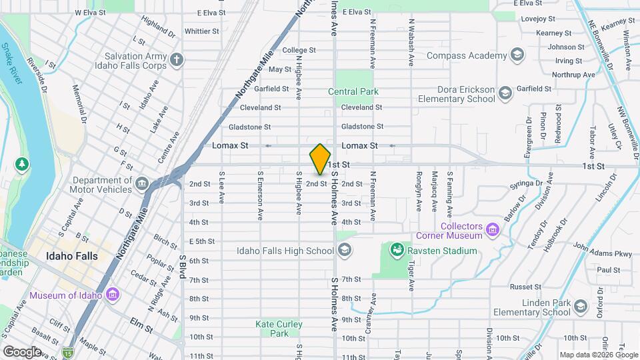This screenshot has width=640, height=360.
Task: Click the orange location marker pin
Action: point(320,159)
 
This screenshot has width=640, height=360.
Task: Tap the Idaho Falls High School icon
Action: point(345,251)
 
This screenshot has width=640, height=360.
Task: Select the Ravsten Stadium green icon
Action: point(397,251)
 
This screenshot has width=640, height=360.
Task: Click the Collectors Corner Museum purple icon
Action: point(493,230)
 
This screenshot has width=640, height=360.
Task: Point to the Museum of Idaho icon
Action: point(113,295)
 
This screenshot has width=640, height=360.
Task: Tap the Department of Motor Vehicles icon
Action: point(141,183)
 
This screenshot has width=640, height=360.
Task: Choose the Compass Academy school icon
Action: point(517,55)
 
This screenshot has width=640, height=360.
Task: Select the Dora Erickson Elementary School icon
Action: point(505,93)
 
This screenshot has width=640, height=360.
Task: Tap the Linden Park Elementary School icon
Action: point(580,307)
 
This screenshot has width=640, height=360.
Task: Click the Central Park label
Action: point(353,91)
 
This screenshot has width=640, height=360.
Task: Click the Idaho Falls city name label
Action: point(72,256)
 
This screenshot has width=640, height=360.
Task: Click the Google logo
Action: point(22,351)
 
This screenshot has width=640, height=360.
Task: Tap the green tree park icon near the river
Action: point(22,163)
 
